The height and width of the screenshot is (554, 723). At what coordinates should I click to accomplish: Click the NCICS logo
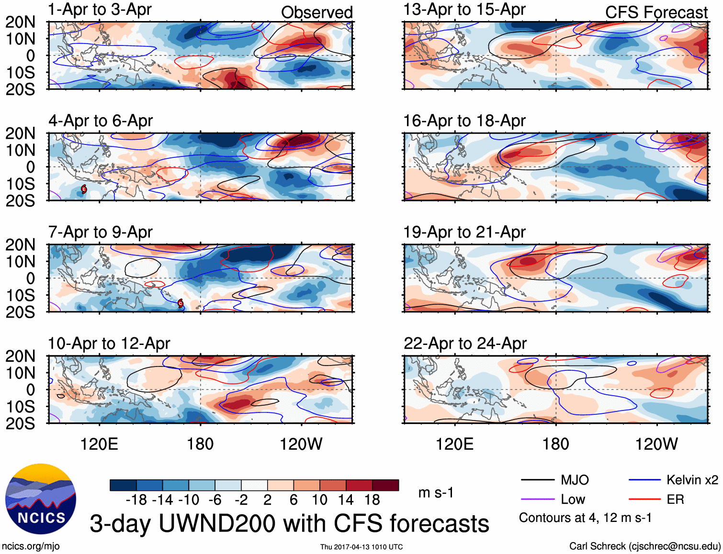(x=41, y=499)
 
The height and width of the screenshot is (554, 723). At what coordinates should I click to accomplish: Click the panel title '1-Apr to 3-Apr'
(x=100, y=10)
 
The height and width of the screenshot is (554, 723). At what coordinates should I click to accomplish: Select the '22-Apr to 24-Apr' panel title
(x=464, y=343)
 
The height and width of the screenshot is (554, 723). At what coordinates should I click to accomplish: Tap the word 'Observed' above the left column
(x=316, y=12)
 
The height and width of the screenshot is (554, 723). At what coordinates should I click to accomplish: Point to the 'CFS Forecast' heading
(x=656, y=12)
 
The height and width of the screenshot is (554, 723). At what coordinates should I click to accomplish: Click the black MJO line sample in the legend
(x=537, y=480)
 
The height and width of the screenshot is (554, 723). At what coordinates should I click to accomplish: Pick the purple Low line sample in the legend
(x=537, y=499)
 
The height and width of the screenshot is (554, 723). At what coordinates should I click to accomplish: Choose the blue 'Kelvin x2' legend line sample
(x=644, y=480)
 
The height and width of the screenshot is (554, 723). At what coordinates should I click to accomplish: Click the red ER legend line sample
(x=644, y=499)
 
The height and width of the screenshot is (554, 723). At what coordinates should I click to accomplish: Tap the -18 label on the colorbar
(x=136, y=500)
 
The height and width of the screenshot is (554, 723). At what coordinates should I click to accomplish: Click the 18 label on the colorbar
(x=372, y=500)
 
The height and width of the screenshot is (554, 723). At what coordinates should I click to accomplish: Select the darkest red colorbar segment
(x=385, y=485)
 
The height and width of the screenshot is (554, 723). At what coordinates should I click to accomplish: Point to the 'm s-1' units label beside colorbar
(x=436, y=493)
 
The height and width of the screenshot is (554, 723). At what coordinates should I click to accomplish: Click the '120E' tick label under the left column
(x=99, y=444)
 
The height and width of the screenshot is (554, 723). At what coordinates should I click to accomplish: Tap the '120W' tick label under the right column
(x=656, y=444)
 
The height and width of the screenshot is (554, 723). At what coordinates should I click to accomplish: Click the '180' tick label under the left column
(x=200, y=444)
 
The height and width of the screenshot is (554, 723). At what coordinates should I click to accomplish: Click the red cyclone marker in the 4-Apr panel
(x=84, y=189)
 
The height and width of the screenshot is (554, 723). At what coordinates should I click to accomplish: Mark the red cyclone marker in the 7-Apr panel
(x=181, y=303)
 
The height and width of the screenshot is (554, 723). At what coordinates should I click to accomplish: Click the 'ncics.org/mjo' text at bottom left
(x=31, y=546)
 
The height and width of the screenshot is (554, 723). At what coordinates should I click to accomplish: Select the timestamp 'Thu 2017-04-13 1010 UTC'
(x=361, y=547)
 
